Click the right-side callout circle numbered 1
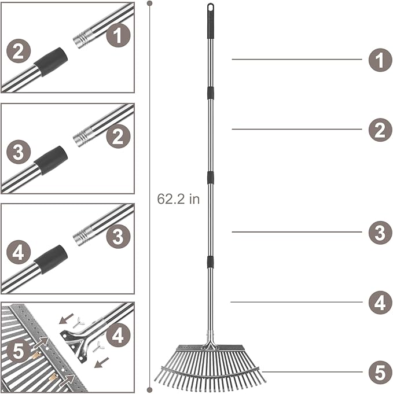point(380,60)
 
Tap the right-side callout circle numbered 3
point(380,233)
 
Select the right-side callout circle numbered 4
point(380,302)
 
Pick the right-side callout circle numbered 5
point(380,372)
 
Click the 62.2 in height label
point(178,199)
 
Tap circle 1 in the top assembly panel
point(118,37)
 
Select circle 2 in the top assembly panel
point(18,51)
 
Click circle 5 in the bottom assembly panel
point(18,351)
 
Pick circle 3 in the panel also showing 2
point(18,152)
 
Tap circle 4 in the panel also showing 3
point(18,253)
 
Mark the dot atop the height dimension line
point(150,3)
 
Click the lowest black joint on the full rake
point(210,262)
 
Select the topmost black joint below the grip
point(210,93)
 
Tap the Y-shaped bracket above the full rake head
point(210,345)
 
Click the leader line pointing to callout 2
point(296,129)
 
